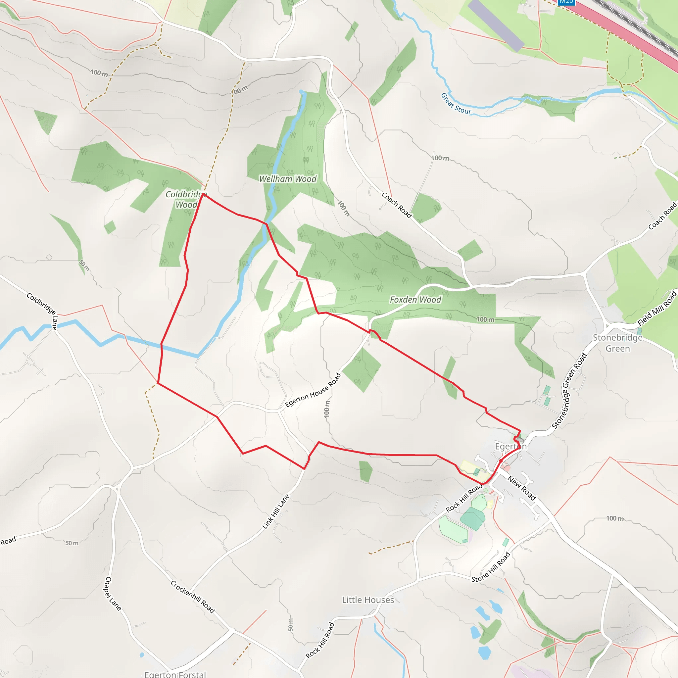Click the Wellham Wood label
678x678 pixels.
pos(288,179)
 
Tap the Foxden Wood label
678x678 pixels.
pos(415,300)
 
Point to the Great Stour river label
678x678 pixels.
pos(456,104)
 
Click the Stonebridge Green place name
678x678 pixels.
pos(618,343)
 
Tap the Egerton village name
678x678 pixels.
pos(510,446)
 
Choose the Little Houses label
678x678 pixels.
pos(368,600)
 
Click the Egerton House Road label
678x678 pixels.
pos(313,390)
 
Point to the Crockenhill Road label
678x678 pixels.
pos(193,597)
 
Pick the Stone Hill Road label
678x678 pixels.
pos(491,567)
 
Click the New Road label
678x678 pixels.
pos(522,488)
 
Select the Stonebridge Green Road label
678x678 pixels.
pos(569,391)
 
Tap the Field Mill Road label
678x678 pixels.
pos(656,308)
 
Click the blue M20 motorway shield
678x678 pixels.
pos(566,1)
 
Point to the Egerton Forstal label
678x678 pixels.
pos(175,674)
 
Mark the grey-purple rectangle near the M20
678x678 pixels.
pos(496,25)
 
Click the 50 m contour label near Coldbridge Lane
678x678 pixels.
pos(84,265)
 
